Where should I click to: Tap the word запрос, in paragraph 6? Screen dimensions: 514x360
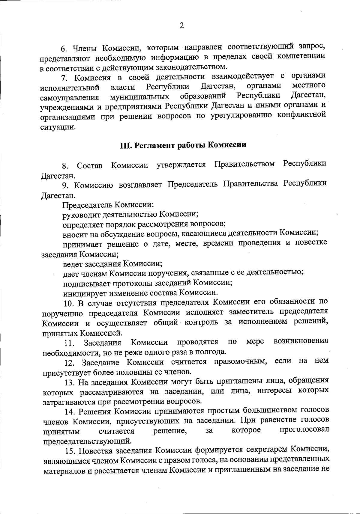click(312, 46)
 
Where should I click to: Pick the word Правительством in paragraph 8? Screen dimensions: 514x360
click(244, 164)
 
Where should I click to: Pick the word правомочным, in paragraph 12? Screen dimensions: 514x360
click(240, 361)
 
